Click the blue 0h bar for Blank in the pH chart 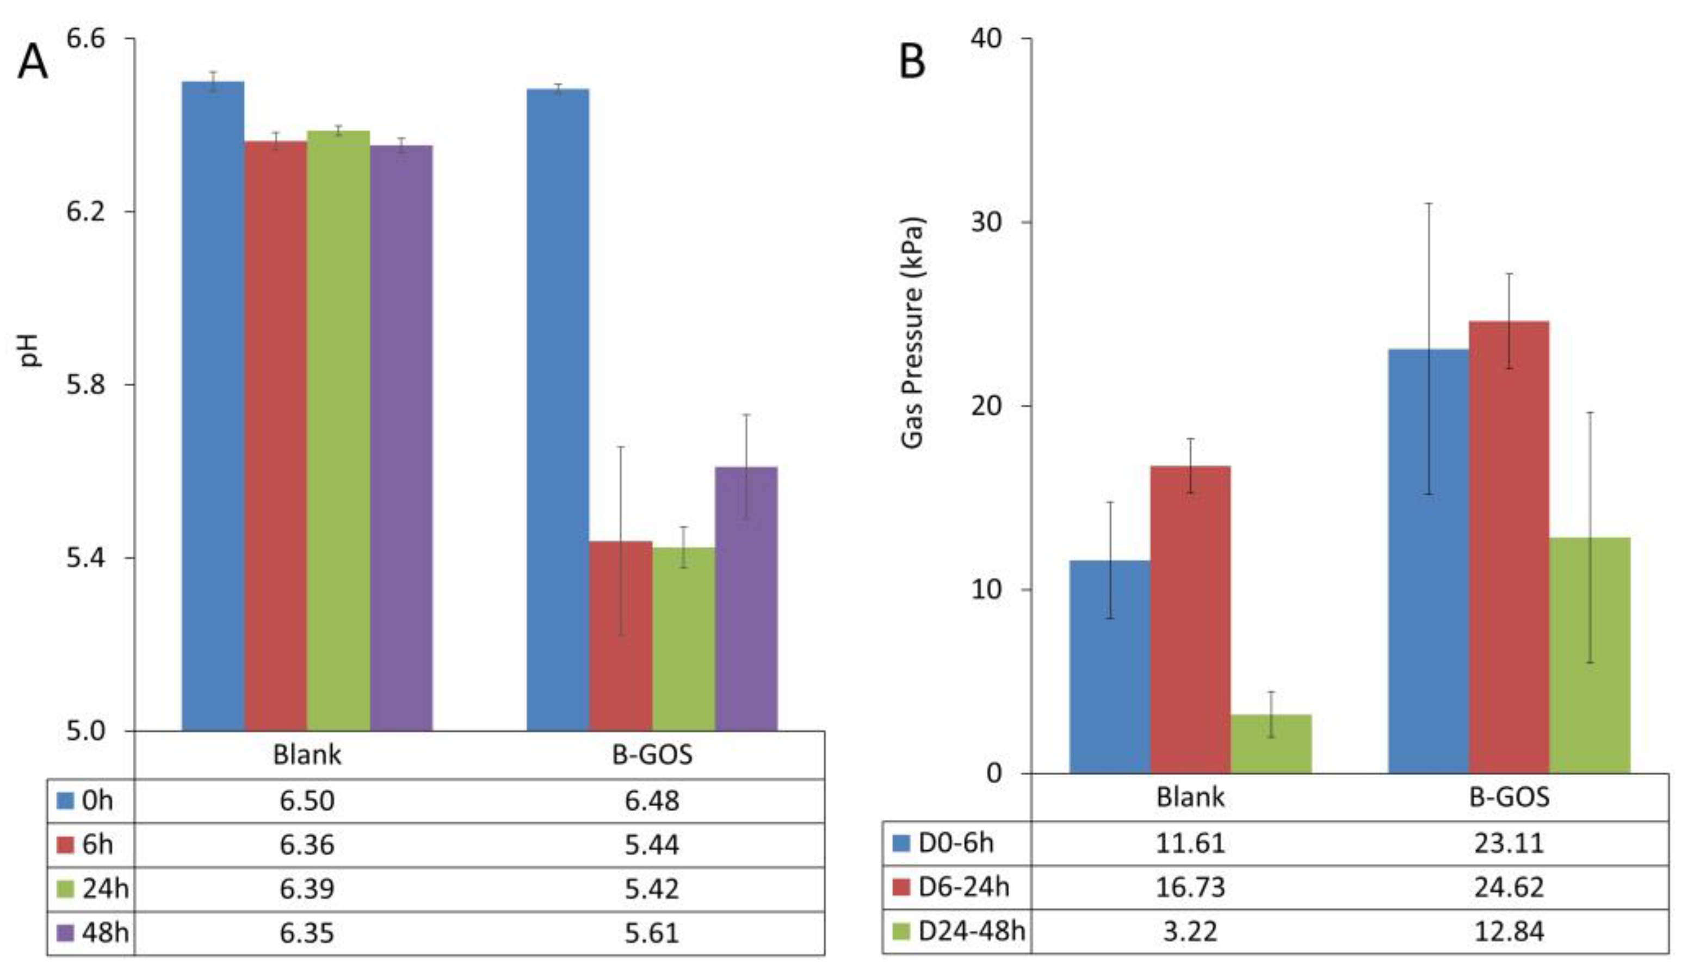(x=213, y=407)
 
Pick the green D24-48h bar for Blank (x=1271, y=744)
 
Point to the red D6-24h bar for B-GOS (x=1509, y=547)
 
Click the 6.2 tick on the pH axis (x=86, y=212)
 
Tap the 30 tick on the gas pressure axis (x=986, y=221)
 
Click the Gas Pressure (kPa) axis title (x=912, y=333)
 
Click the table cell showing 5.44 (x=652, y=845)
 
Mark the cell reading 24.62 (x=1509, y=888)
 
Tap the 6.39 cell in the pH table (x=307, y=889)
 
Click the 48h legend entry (x=94, y=932)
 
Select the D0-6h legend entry (x=943, y=843)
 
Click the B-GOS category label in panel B (x=1509, y=797)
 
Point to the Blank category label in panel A (x=307, y=755)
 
